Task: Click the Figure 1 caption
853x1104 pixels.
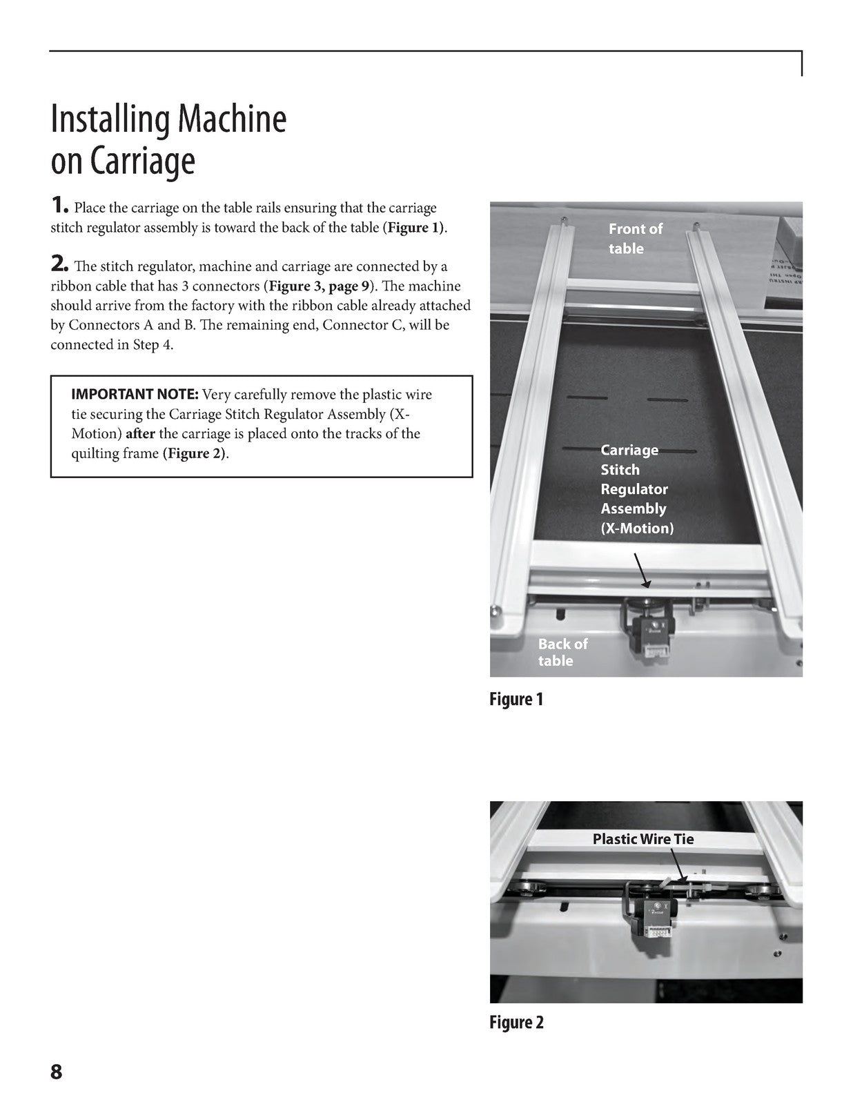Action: [516, 699]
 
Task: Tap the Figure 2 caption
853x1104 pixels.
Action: [516, 1022]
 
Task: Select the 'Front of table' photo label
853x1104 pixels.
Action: [636, 238]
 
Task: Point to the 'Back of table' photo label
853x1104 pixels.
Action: [563, 652]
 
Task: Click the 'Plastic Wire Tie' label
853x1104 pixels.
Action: [643, 838]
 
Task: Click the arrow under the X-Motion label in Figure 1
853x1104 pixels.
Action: [642, 571]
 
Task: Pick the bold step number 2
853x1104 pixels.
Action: [59, 264]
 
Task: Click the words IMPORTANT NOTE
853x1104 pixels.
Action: [135, 394]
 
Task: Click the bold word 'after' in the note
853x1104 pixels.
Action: [140, 433]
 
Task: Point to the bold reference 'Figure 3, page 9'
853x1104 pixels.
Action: [319, 286]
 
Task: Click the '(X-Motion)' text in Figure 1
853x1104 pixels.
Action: [637, 528]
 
